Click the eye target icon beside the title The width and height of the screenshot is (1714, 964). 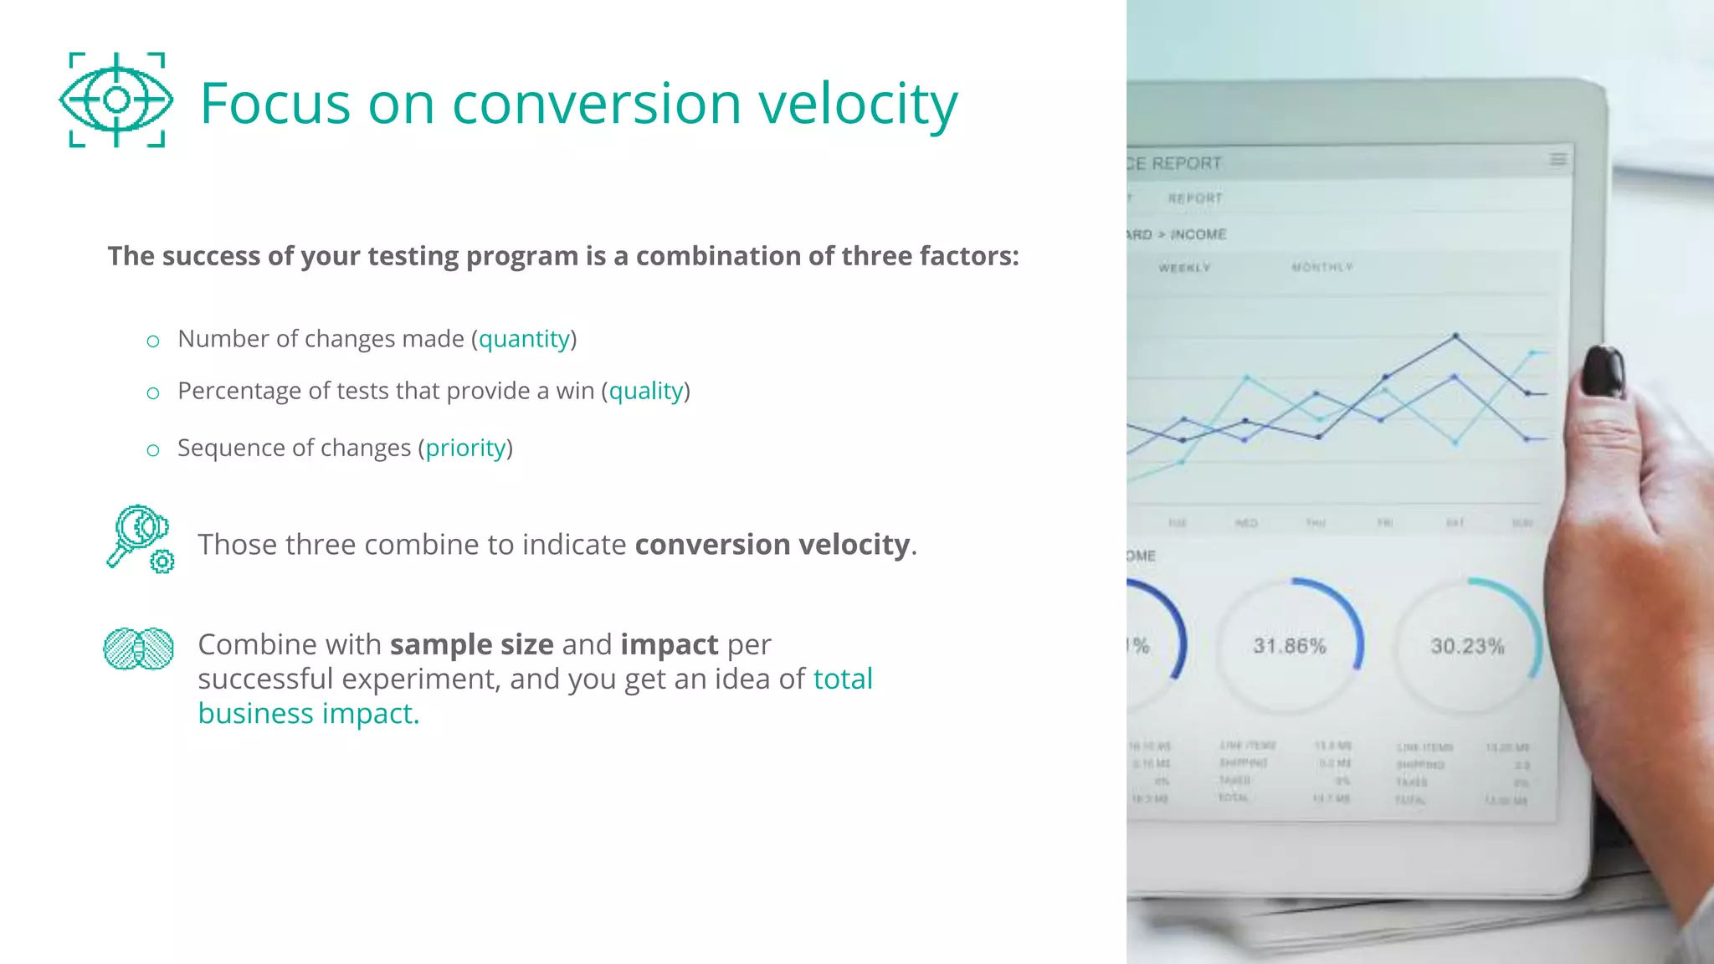(116, 100)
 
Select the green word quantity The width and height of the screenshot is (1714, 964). (524, 339)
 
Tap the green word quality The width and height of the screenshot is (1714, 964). (646, 391)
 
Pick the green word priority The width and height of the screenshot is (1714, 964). (465, 449)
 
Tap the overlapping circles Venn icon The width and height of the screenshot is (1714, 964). (138, 649)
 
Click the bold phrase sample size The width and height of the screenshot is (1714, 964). (471, 644)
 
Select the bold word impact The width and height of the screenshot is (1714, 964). (669, 644)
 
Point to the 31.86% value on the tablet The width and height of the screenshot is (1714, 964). (1289, 646)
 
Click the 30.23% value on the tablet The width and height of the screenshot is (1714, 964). (1467, 646)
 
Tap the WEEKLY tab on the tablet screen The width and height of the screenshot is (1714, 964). (1184, 268)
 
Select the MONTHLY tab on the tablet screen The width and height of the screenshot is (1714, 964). (1321, 267)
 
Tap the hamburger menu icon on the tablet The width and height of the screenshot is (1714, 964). (1557, 159)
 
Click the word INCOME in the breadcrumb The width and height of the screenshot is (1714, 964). (1198, 234)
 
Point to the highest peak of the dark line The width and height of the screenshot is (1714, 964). (1455, 336)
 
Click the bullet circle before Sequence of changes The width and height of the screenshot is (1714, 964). (152, 450)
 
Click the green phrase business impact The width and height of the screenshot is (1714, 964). (308, 714)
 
